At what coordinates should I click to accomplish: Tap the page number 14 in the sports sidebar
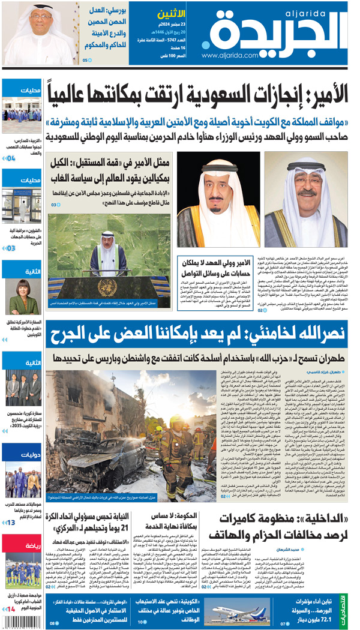(11, 608)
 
